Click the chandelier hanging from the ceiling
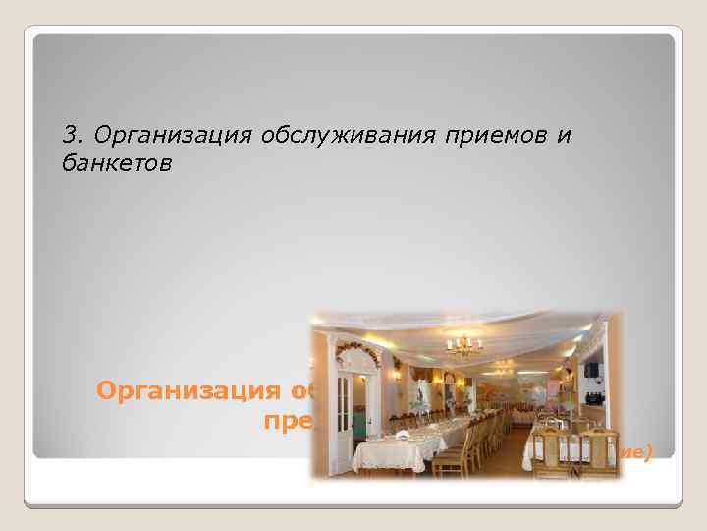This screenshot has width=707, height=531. click(464, 345)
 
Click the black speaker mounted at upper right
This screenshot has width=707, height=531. click(592, 370)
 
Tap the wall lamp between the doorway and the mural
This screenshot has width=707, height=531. click(397, 375)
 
